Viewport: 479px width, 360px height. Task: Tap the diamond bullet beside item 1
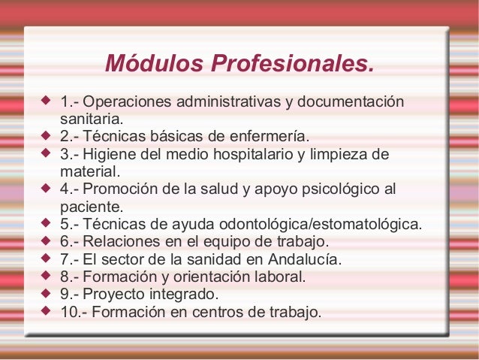(x=46, y=99)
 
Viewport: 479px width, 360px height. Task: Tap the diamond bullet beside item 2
(x=46, y=135)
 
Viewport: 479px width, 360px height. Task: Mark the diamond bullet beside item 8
(x=46, y=275)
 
